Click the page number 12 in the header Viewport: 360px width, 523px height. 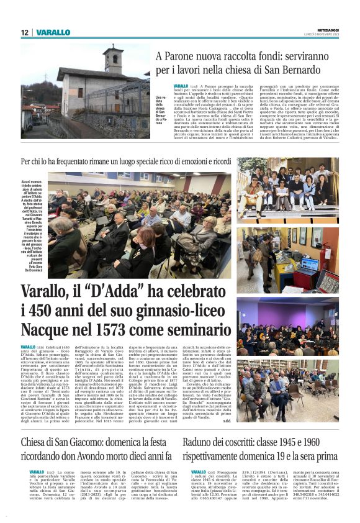pyautogui.click(x=24, y=32)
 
